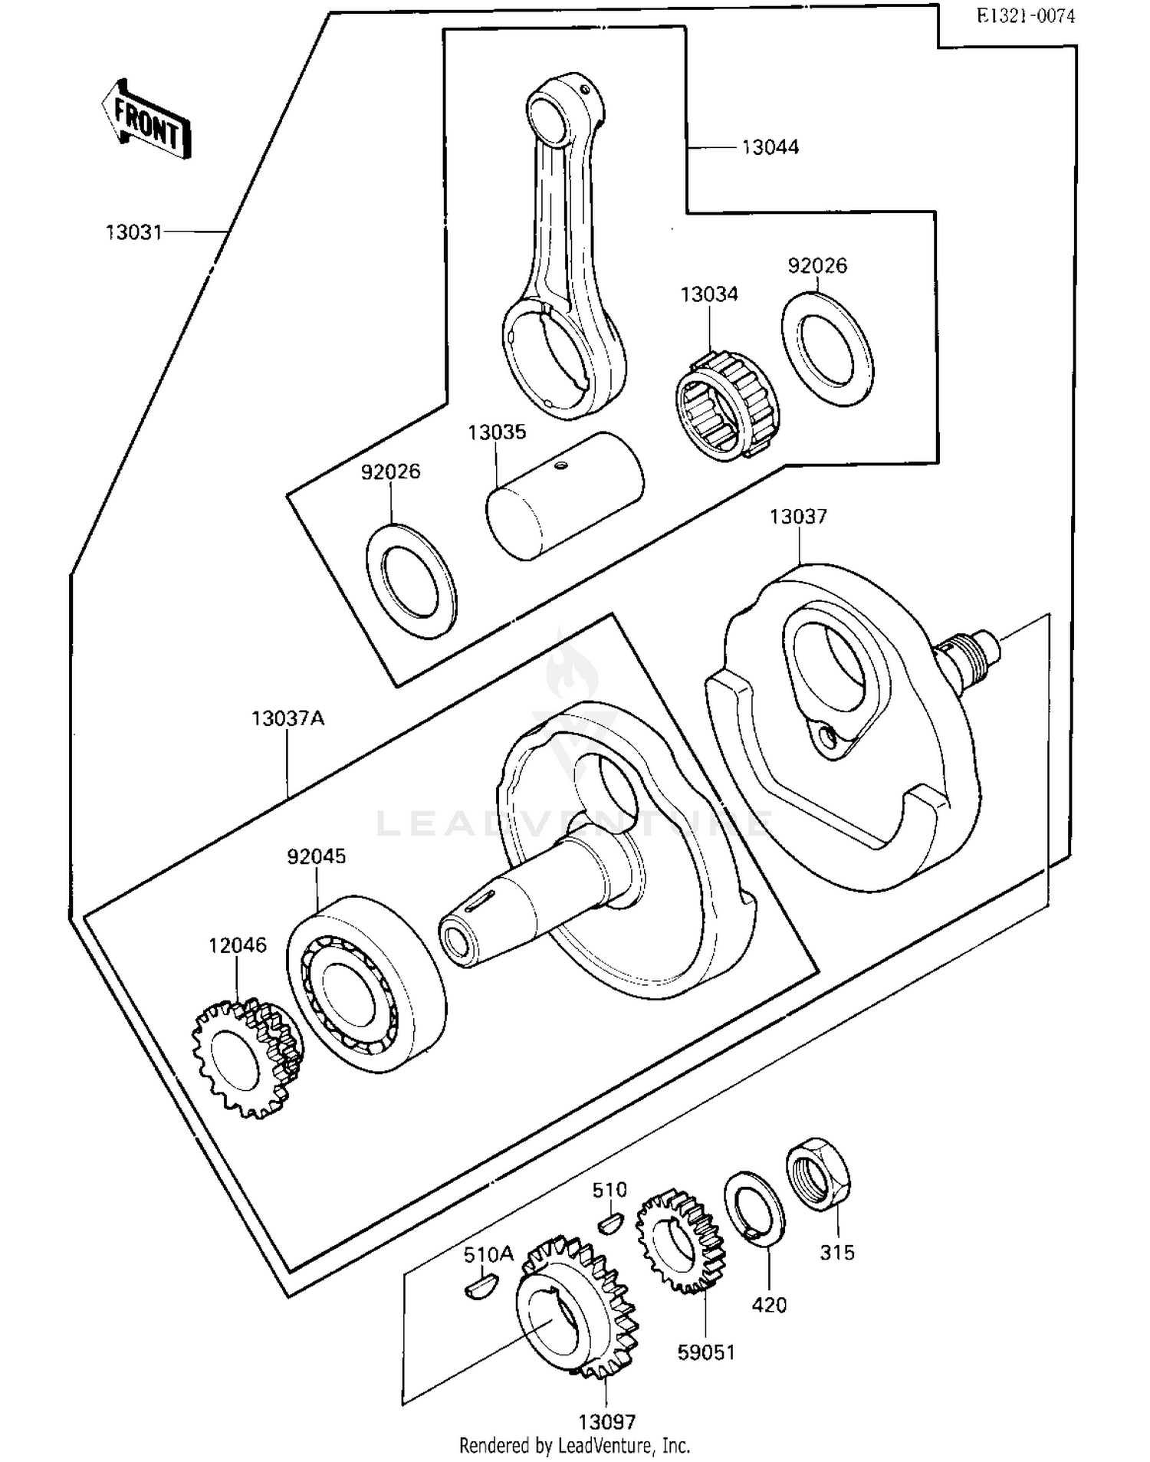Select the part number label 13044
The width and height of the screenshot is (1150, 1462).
pos(770,147)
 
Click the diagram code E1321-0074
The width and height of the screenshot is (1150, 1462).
pos(1025,16)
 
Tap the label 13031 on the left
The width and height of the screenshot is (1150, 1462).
pos(134,232)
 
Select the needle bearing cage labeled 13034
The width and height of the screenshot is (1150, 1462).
pos(725,406)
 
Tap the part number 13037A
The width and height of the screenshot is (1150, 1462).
pos(287,718)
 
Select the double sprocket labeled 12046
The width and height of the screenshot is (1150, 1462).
pos(245,1058)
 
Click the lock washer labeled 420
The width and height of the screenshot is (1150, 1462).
pos(754,1210)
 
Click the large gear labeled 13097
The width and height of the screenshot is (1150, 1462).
pos(577,1307)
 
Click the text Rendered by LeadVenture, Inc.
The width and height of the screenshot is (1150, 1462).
pos(574,1445)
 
